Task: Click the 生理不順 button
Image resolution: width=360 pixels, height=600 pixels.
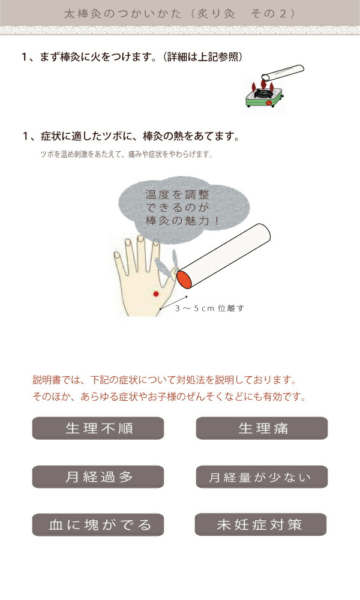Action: (x=98, y=428)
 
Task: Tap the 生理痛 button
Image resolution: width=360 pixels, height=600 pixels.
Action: (x=262, y=428)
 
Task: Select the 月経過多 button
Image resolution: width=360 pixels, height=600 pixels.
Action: (x=98, y=477)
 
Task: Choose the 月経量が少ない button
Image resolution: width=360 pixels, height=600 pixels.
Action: (x=261, y=477)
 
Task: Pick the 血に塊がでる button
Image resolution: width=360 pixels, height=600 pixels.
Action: (x=98, y=525)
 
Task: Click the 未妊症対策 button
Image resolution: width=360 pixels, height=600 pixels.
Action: (x=260, y=525)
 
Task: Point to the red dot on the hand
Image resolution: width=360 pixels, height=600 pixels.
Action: (x=156, y=293)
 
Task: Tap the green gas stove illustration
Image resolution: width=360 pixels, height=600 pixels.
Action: (x=263, y=98)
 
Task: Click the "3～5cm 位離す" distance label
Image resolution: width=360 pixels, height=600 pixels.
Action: (x=209, y=308)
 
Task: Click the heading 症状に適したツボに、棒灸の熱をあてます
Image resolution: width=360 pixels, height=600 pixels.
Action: (x=131, y=136)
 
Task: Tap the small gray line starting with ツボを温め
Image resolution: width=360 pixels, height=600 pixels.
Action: (x=126, y=154)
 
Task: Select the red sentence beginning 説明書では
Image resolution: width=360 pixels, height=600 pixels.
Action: (x=165, y=380)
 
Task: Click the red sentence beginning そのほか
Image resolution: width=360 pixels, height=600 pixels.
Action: (x=169, y=397)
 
